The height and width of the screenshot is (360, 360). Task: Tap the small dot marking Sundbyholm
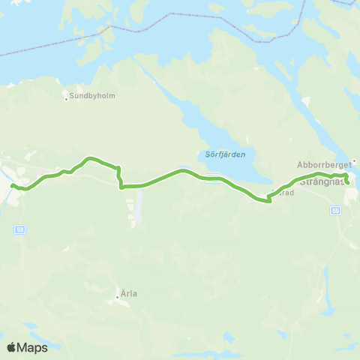point(67,98)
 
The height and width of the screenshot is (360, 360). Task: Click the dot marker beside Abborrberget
point(355,160)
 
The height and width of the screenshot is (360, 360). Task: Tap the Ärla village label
point(129,294)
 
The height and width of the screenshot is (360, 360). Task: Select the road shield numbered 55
point(335,211)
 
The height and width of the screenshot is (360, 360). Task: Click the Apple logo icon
point(11,347)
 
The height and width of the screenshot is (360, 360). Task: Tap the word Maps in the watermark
point(33,347)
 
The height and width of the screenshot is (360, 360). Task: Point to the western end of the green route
point(13,184)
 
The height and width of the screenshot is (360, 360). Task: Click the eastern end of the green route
point(347,182)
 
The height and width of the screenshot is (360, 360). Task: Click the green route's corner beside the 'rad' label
point(268,200)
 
